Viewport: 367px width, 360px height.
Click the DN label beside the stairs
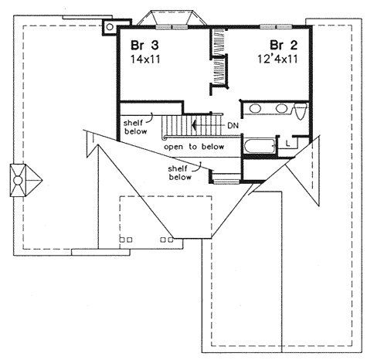233,124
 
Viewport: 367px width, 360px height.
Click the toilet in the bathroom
303,111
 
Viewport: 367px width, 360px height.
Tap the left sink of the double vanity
257,109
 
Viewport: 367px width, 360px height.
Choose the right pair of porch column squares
166,240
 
